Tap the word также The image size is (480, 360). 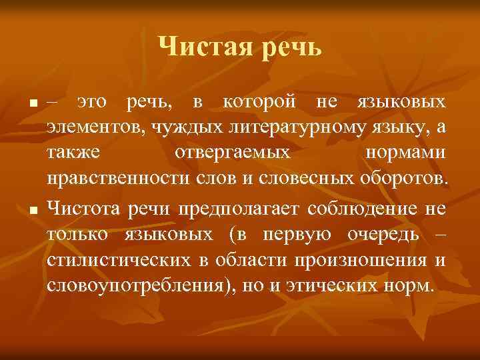(x=74, y=151)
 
